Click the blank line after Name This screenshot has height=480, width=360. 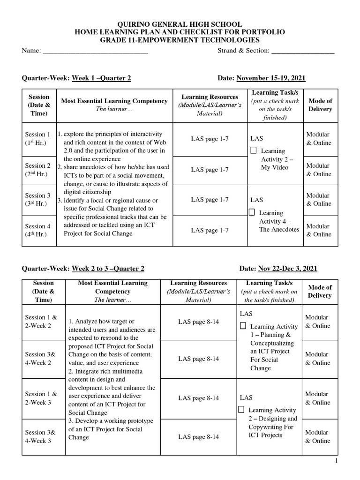tap(95, 52)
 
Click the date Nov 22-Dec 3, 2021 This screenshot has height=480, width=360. tap(287, 269)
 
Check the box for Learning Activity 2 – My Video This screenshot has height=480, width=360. tap(254, 150)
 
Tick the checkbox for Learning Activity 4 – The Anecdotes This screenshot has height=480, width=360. tap(252, 212)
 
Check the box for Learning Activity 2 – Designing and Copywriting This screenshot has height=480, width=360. tap(241, 409)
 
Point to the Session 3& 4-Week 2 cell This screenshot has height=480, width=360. tap(41, 359)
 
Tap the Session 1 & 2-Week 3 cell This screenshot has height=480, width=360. tap(41, 398)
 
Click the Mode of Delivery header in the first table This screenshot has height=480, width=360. tap(320, 105)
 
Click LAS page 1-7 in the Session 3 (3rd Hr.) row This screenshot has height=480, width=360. tap(210, 199)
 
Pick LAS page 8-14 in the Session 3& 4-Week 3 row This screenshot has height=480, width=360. tap(198, 437)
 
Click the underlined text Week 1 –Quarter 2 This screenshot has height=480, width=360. tap(101, 78)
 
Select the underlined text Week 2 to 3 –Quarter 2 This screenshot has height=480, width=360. tap(108, 269)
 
